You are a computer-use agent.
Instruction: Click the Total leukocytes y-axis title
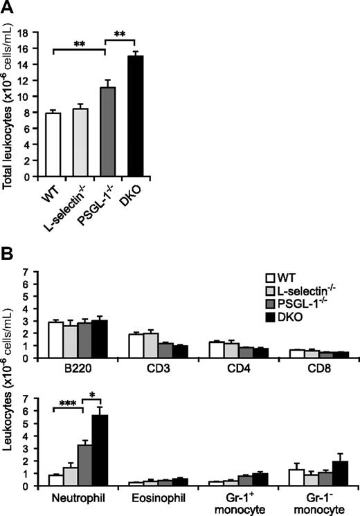coord(11,104)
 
